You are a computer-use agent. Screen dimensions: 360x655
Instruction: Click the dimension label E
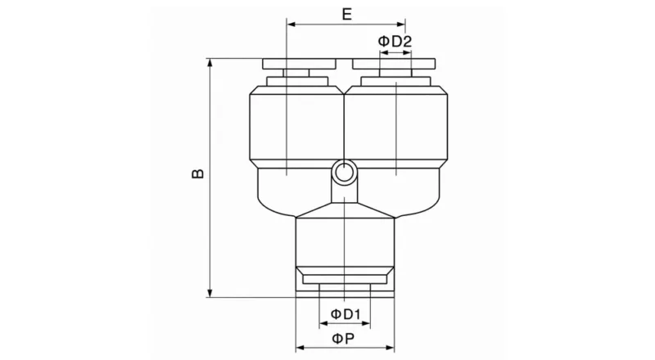tap(346, 13)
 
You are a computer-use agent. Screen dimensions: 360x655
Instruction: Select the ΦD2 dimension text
tap(395, 41)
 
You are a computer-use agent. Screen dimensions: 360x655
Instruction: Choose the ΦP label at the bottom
tap(344, 338)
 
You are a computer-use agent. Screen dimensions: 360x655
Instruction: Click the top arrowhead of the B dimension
tap(211, 62)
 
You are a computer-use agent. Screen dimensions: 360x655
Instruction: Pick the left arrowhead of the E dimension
tap(291, 25)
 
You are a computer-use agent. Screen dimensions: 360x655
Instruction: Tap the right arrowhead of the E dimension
tap(402, 25)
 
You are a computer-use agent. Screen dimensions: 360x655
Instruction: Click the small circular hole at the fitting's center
tap(344, 172)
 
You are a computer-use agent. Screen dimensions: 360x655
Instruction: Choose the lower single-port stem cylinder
tap(345, 241)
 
